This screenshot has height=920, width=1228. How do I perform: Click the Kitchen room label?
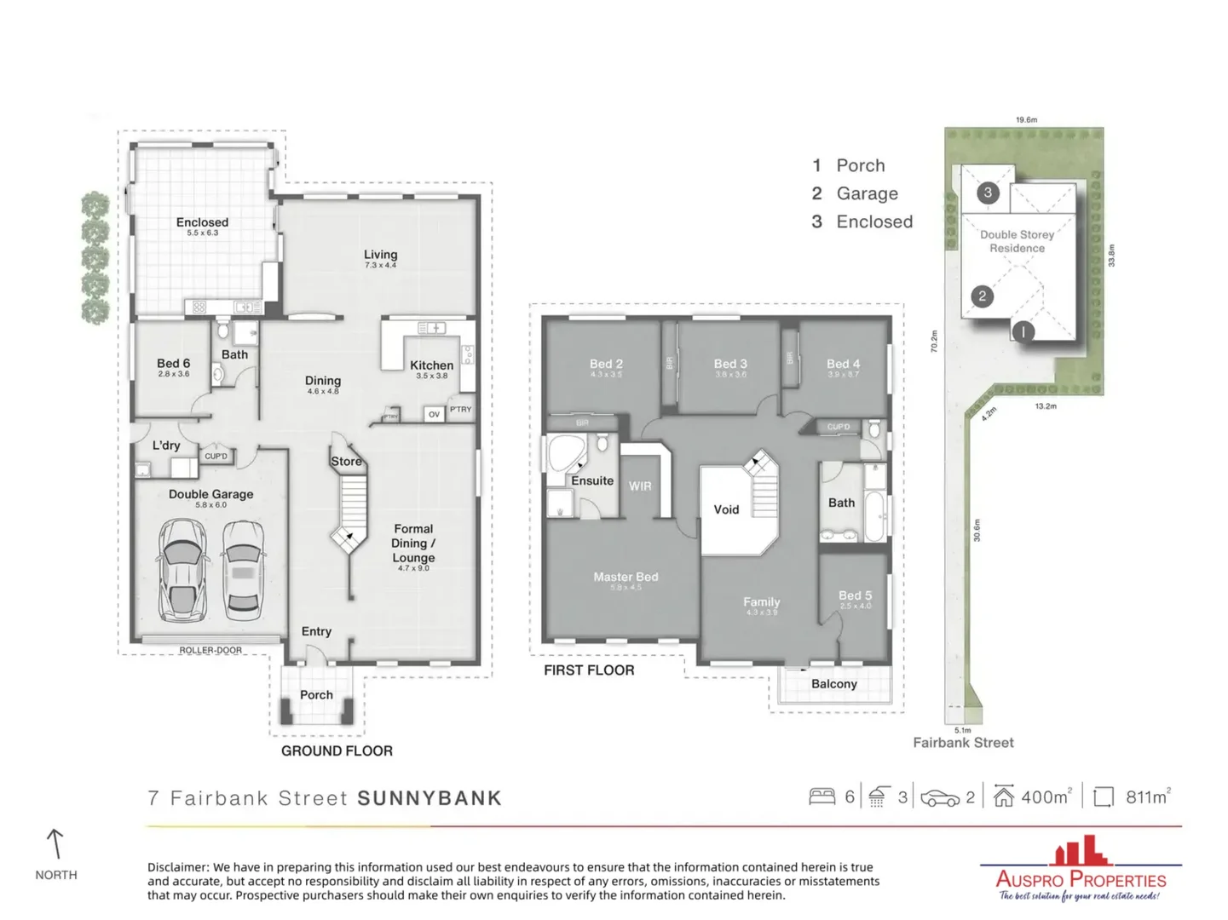(431, 365)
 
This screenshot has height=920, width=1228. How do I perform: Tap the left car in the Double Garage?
(182, 569)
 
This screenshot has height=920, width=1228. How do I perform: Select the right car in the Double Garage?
(243, 569)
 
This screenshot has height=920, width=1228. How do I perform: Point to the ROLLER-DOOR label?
(210, 650)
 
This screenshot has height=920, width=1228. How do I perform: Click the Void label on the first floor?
(726, 509)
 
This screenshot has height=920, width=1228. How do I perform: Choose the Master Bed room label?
(626, 577)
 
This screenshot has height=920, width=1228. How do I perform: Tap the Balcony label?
(833, 684)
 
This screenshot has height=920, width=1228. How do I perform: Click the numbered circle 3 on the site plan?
(988, 193)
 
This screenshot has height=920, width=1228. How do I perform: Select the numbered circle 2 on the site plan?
(982, 296)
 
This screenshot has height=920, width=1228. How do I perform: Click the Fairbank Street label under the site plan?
(963, 743)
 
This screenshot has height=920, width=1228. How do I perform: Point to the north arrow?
(55, 844)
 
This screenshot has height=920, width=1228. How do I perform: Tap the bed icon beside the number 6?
(822, 796)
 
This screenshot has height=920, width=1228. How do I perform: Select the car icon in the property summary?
(940, 798)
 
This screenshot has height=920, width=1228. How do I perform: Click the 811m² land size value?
(1147, 797)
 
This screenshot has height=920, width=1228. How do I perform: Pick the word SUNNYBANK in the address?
(430, 798)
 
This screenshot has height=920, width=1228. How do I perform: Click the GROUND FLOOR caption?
(337, 750)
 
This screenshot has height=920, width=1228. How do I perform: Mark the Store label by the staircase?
(346, 462)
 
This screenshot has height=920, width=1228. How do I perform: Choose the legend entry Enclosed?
(873, 221)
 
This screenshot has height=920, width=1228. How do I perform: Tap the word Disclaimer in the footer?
(178, 867)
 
